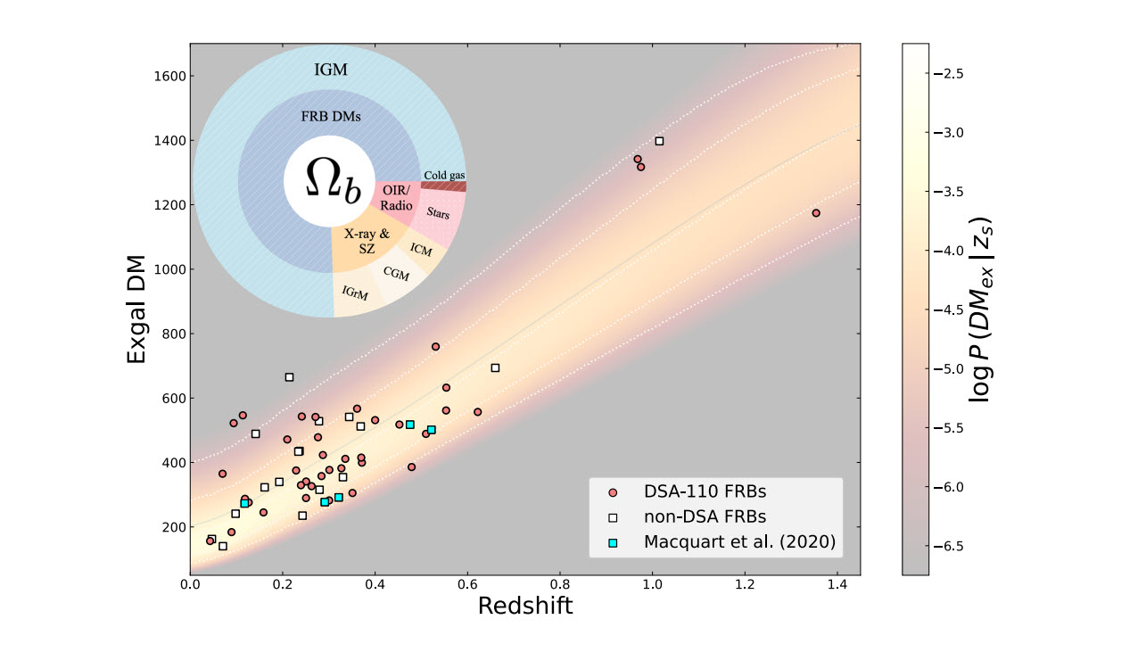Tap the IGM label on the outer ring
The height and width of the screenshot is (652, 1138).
pyautogui.click(x=331, y=69)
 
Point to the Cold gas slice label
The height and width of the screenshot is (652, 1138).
pyautogui.click(x=444, y=175)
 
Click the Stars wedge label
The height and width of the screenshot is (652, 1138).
pyautogui.click(x=438, y=213)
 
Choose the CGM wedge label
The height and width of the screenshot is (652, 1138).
pyautogui.click(x=396, y=275)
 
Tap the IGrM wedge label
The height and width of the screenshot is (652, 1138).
pyautogui.click(x=354, y=290)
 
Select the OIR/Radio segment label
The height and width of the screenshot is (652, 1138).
pyautogui.click(x=395, y=201)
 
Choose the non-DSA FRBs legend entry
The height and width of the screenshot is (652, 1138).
pyautogui.click(x=705, y=516)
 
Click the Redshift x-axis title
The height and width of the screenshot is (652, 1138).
pyautogui.click(x=524, y=607)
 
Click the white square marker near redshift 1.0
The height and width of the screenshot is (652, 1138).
pyautogui.click(x=659, y=141)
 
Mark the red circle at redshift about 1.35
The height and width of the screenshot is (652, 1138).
pyautogui.click(x=815, y=213)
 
